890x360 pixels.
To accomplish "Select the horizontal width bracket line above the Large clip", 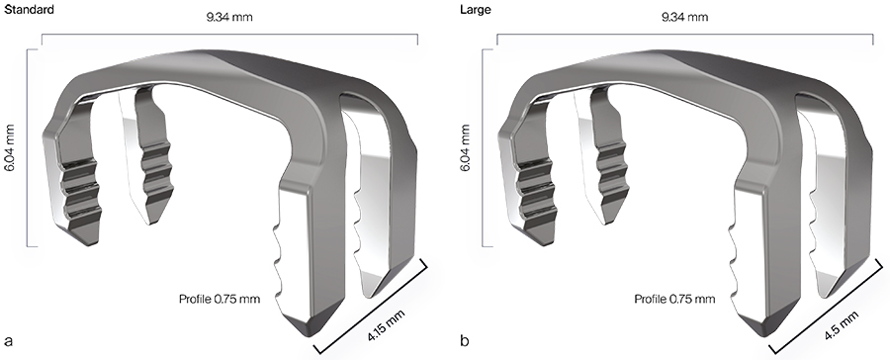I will tap(691, 35).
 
